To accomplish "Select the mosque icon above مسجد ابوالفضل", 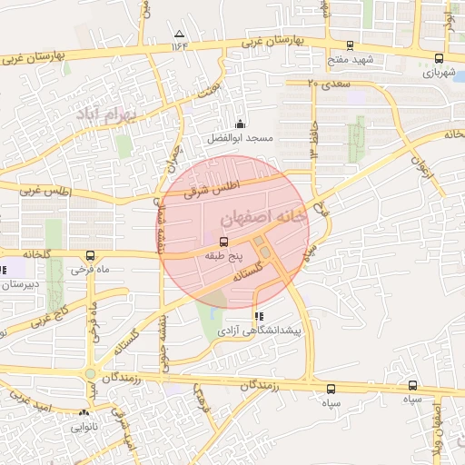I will click(x=240, y=124).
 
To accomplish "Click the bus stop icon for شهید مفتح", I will click(x=351, y=45).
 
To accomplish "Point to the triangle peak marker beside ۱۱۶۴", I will click(x=177, y=35).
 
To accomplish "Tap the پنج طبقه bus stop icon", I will click(x=223, y=242).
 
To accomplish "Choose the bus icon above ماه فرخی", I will click(x=89, y=255).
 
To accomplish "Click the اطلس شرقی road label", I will click(x=202, y=188).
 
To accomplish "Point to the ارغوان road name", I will click(x=420, y=166).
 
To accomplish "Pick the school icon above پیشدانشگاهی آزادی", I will click(x=259, y=317).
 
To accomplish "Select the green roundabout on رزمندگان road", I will click(x=91, y=373).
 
